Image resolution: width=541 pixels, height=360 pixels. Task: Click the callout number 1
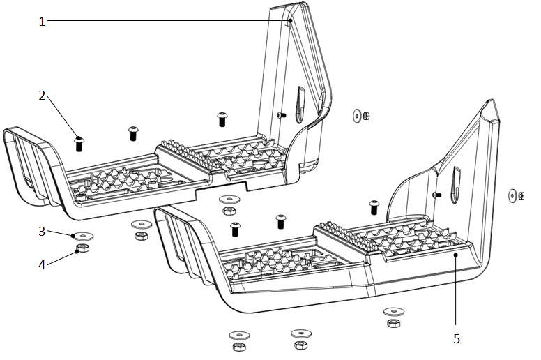click(x=42, y=21)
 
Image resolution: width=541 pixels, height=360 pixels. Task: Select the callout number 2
click(x=42, y=96)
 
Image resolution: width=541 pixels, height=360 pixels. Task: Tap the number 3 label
click(x=42, y=231)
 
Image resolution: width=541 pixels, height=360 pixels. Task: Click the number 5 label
click(x=457, y=339)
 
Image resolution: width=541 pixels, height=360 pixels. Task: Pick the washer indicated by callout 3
click(x=81, y=235)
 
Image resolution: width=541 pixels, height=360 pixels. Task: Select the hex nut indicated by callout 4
click(x=81, y=248)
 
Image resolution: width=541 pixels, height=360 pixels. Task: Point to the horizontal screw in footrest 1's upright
click(x=280, y=114)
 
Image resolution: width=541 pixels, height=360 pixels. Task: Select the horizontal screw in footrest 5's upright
click(x=436, y=195)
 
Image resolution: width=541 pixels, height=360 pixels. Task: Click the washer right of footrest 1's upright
click(x=358, y=115)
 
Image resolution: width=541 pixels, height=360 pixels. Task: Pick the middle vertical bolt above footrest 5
click(x=281, y=221)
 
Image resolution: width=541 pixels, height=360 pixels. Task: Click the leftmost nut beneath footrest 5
click(x=236, y=346)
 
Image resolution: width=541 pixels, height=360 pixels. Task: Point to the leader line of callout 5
click(x=456, y=293)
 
